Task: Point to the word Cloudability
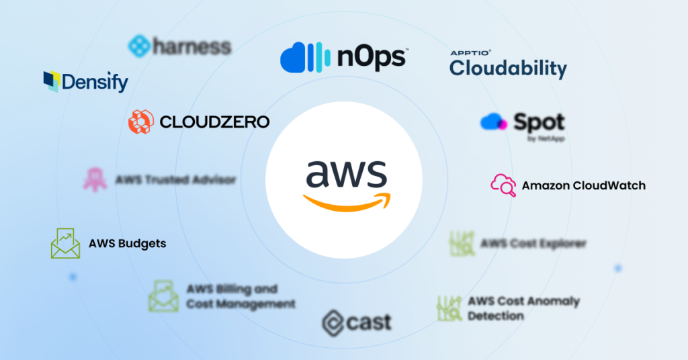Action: tap(508, 68)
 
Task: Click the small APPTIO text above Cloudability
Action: tap(471, 52)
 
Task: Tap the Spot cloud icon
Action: tap(493, 122)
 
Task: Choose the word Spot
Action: tap(540, 122)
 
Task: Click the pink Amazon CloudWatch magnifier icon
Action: tap(503, 185)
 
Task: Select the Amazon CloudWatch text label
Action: tap(583, 185)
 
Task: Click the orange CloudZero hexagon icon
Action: tap(141, 122)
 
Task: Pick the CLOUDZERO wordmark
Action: tap(214, 122)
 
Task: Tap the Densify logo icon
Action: tap(51, 81)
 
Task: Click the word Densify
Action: tap(95, 83)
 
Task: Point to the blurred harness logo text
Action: tap(191, 46)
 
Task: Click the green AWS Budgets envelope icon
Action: tap(65, 243)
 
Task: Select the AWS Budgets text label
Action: tap(127, 244)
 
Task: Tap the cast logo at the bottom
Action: tap(356, 322)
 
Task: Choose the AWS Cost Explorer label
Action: tap(533, 243)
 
